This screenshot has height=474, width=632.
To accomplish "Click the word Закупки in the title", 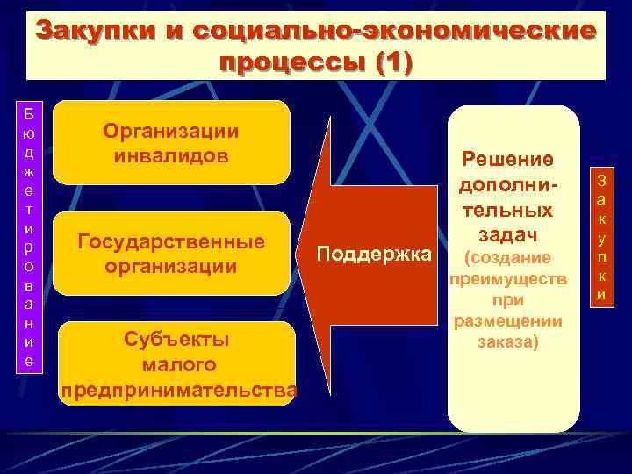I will (x=94, y=32).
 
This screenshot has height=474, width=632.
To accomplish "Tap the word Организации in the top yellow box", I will (x=171, y=131).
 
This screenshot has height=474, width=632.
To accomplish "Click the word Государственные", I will (x=171, y=241).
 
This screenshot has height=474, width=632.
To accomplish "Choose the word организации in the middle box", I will (x=171, y=265).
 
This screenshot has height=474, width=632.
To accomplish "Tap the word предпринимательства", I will (x=179, y=389).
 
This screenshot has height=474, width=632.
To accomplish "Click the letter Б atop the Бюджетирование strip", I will (x=30, y=114).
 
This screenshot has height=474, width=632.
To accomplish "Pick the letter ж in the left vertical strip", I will (x=30, y=170).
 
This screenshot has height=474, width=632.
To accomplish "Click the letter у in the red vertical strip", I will (x=602, y=238).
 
